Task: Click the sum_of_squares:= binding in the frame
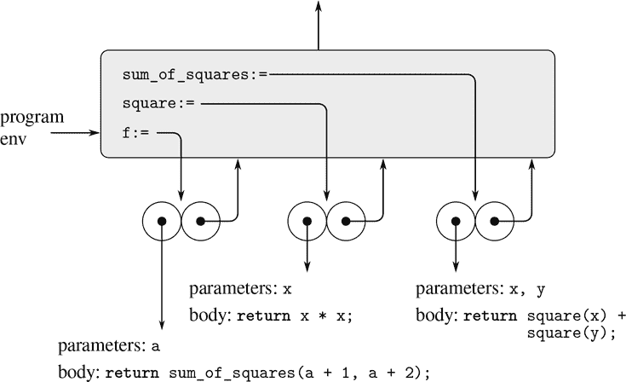[x=195, y=75]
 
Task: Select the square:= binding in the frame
[x=158, y=104]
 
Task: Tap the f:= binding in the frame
[x=136, y=133]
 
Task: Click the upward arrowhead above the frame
[x=319, y=7]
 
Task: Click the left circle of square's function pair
[x=307, y=222]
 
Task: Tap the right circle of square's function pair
[x=346, y=222]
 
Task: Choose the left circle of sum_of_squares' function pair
[x=456, y=222]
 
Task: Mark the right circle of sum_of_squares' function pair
[x=494, y=222]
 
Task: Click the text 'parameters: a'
[x=108, y=348]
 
